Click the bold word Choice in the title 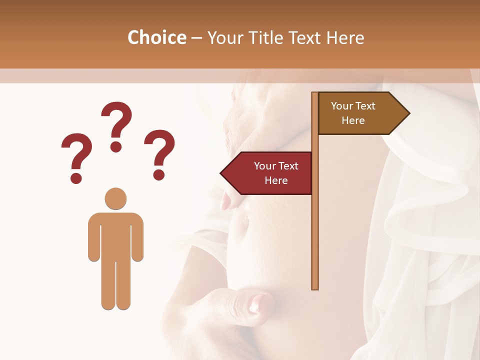click(x=156, y=37)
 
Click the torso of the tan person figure click(x=115, y=235)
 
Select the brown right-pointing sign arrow click(x=360, y=113)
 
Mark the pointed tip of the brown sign click(x=408, y=113)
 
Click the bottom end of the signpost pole click(x=314, y=287)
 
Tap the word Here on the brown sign click(x=353, y=120)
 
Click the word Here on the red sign click(x=276, y=180)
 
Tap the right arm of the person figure click(x=137, y=237)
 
